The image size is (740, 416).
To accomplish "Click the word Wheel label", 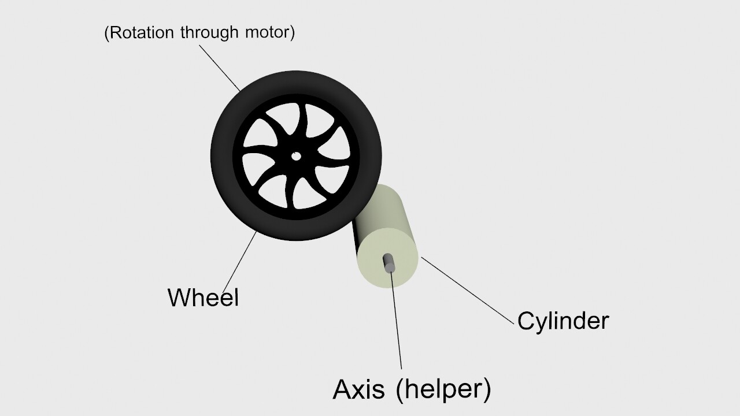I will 203,298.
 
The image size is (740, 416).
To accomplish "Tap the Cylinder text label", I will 563,321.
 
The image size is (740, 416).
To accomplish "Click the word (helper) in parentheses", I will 443,389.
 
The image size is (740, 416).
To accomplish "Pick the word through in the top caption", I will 209,33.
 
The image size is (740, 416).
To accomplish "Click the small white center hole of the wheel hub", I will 296,156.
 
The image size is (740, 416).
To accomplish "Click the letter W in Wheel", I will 177,298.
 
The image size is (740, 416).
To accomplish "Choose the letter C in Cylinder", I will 525,321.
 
